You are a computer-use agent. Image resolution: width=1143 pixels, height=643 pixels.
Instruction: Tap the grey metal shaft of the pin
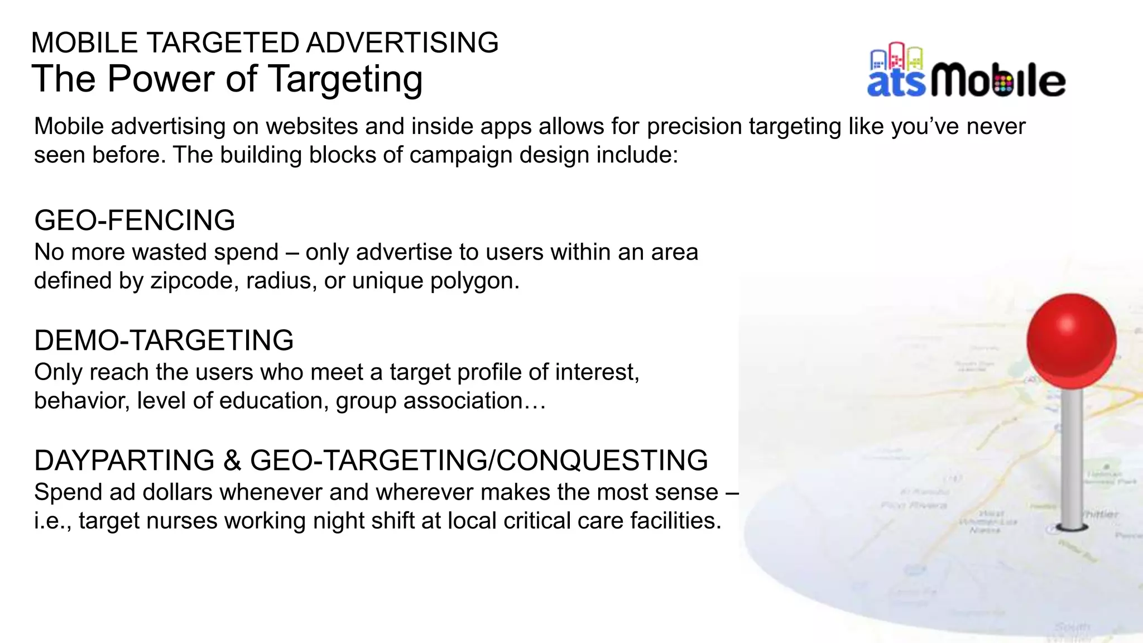[1071, 458]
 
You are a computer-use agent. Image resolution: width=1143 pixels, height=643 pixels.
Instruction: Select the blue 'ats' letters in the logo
[896, 83]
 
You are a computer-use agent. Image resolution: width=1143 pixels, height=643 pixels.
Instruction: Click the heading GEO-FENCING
[135, 220]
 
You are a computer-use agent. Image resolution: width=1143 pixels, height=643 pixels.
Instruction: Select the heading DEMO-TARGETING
[164, 340]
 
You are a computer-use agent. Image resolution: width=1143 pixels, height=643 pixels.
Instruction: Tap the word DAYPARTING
[124, 460]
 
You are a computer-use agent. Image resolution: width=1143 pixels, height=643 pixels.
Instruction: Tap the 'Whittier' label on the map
[1101, 514]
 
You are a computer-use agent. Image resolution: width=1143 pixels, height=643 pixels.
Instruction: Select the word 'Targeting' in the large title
[346, 79]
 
